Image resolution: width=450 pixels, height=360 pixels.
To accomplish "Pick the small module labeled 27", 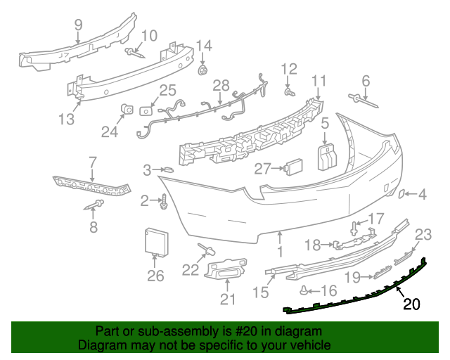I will (x=292, y=167).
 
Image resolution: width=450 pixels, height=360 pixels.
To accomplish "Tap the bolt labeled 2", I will (x=164, y=202).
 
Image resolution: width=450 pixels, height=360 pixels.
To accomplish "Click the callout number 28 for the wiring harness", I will (x=221, y=86).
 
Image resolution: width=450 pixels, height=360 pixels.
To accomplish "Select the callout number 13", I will (x=65, y=120).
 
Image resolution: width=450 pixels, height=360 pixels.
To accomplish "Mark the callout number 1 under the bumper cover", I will (x=279, y=250).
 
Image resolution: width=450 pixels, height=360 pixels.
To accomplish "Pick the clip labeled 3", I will (x=167, y=169).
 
